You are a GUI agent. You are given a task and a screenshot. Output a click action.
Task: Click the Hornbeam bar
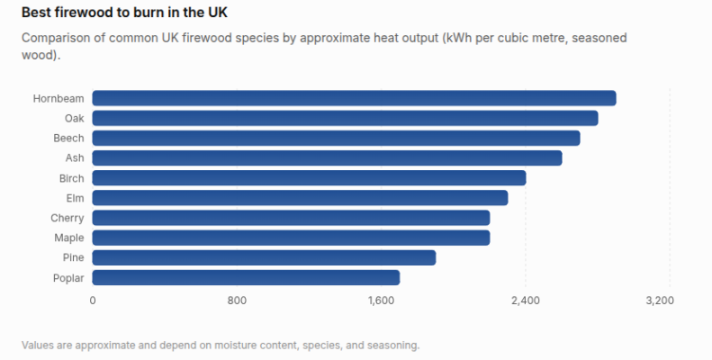tap(354, 98)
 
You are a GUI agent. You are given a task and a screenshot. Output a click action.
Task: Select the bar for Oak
tap(345, 118)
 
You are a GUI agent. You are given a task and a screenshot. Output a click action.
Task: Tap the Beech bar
tap(336, 138)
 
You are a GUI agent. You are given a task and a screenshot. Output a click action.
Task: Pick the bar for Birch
tap(310, 178)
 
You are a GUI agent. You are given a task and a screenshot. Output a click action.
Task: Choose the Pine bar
tap(264, 257)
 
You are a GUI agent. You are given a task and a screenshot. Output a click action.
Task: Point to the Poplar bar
tap(246, 277)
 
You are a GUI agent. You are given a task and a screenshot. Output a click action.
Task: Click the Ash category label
tap(75, 158)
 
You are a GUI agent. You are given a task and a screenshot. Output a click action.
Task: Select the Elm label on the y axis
tap(75, 198)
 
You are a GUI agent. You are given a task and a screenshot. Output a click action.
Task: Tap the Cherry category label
tap(68, 218)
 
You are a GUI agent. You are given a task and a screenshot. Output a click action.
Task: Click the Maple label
tap(69, 238)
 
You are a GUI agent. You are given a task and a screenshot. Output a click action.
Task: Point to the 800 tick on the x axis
tap(237, 301)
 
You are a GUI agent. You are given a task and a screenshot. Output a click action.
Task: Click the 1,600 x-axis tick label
tap(381, 301)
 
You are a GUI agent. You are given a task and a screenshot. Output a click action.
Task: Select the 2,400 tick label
tap(526, 301)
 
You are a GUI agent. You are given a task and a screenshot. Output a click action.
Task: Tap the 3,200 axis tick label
tap(660, 301)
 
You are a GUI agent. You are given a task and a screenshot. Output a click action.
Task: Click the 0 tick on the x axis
tap(93, 301)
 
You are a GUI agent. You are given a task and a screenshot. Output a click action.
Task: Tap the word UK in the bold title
tap(218, 13)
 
